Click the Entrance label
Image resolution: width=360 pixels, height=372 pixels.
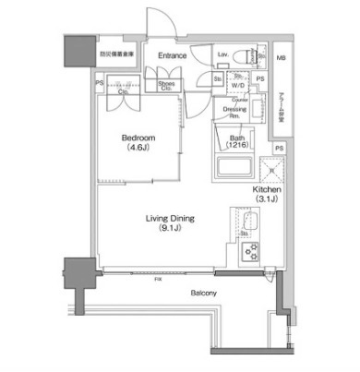[x=172, y=56]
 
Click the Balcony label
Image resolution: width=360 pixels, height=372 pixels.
[x=204, y=294]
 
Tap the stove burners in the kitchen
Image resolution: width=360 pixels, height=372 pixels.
[x=248, y=248]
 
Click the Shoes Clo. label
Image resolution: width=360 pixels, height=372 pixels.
[x=167, y=87]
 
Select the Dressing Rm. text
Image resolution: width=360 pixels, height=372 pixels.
[x=235, y=113]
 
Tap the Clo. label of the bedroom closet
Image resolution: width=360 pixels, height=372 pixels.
[x=122, y=92]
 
